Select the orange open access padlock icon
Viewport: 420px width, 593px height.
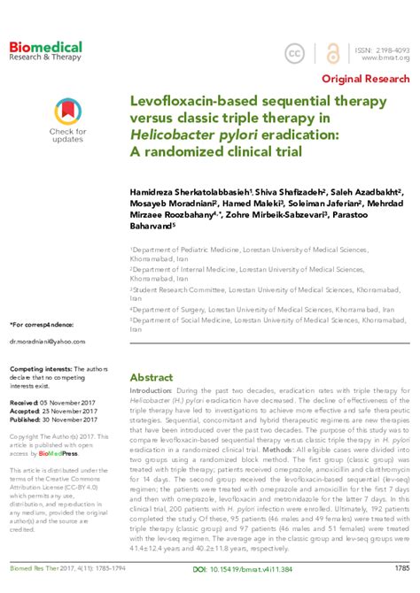click(331, 54)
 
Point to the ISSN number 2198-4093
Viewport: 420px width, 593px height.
click(383, 50)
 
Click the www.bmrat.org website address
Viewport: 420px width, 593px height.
click(383, 59)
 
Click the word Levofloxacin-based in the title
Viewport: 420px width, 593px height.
click(183, 104)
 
